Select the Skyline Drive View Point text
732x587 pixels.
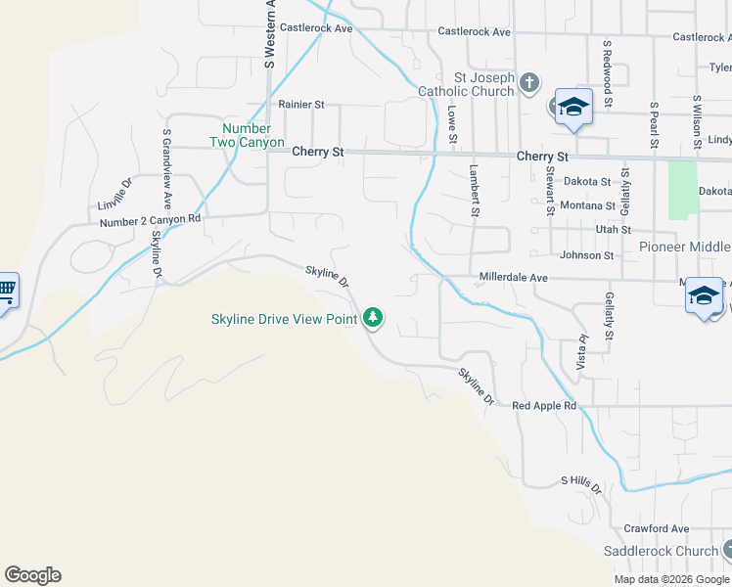(284, 319)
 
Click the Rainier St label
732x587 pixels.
(300, 104)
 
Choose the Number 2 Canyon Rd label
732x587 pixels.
(150, 221)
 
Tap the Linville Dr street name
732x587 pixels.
(115, 195)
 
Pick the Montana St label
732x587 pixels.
(587, 205)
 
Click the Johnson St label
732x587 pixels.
(586, 255)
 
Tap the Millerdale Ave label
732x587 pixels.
(513, 278)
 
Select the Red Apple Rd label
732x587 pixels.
(544, 405)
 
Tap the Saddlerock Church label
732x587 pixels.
(661, 551)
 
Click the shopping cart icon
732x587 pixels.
(6, 290)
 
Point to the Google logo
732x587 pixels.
(32, 575)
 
